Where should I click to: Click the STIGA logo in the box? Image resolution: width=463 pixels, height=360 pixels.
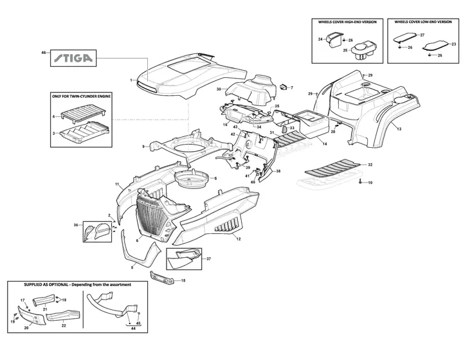72,59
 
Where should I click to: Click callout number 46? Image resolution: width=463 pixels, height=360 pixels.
44,52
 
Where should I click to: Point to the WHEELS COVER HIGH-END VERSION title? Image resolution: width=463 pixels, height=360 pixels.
347,22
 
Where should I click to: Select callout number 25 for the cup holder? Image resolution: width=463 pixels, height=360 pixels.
345,50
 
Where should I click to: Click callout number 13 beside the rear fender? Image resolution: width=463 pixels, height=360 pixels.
399,129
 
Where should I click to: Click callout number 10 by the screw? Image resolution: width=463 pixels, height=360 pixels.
370,183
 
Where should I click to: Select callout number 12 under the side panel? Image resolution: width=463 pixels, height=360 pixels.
238,239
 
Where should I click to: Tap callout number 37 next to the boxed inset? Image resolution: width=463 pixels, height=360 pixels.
208,258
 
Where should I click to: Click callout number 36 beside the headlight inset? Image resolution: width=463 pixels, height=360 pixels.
76,225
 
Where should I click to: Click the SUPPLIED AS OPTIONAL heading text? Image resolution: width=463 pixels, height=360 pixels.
69,284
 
